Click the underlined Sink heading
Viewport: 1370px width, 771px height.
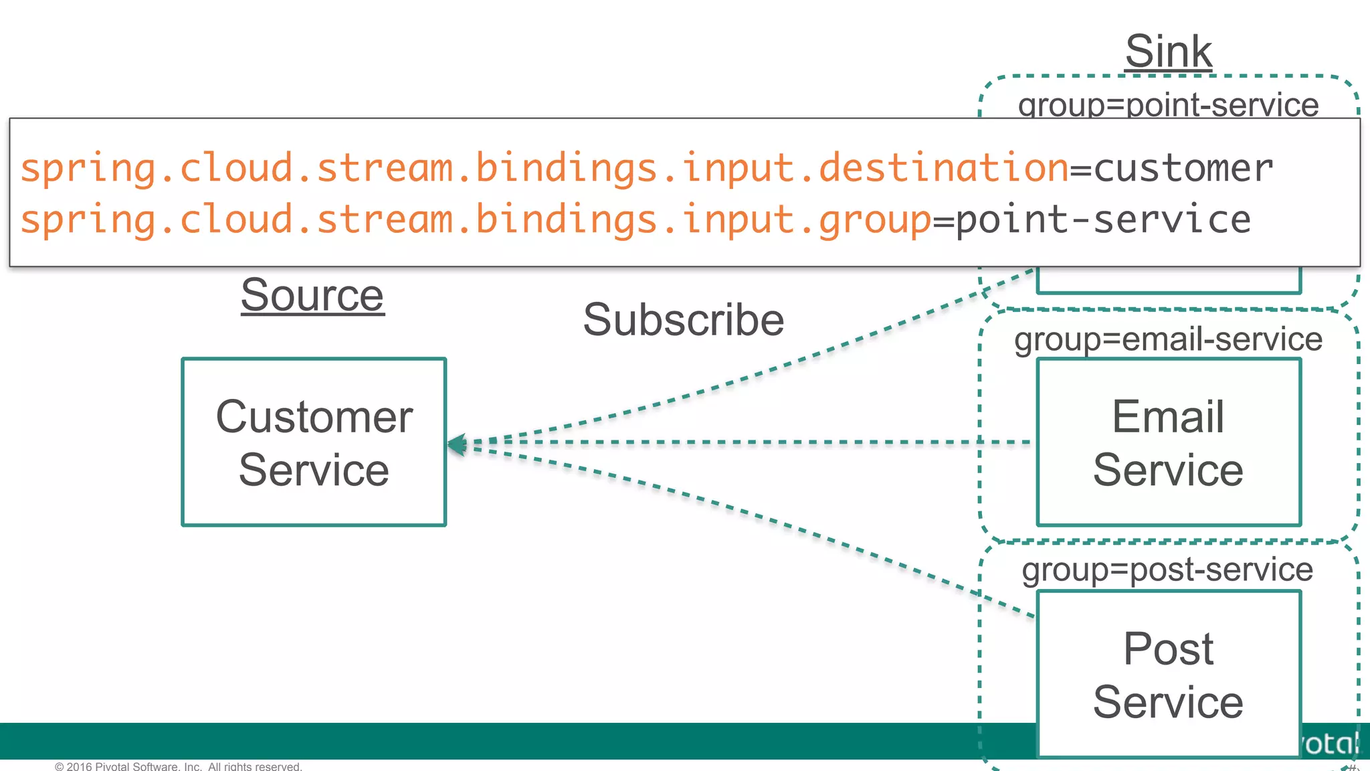1168,52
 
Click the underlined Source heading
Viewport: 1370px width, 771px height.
312,295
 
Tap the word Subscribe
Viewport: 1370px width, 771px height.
683,320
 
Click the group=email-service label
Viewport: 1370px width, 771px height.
1168,339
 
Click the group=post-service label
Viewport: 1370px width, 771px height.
1167,570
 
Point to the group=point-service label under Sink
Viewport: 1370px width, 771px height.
1168,105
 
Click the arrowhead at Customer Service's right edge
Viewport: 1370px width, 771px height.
457,444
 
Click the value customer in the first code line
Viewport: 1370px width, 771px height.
1183,168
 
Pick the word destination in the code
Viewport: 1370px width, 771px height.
943,167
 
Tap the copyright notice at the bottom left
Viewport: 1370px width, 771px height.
178,766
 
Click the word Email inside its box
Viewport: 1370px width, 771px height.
1168,416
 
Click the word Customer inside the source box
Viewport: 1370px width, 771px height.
314,417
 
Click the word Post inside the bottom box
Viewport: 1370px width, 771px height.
1168,648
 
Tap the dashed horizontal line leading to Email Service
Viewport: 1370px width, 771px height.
736,442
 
